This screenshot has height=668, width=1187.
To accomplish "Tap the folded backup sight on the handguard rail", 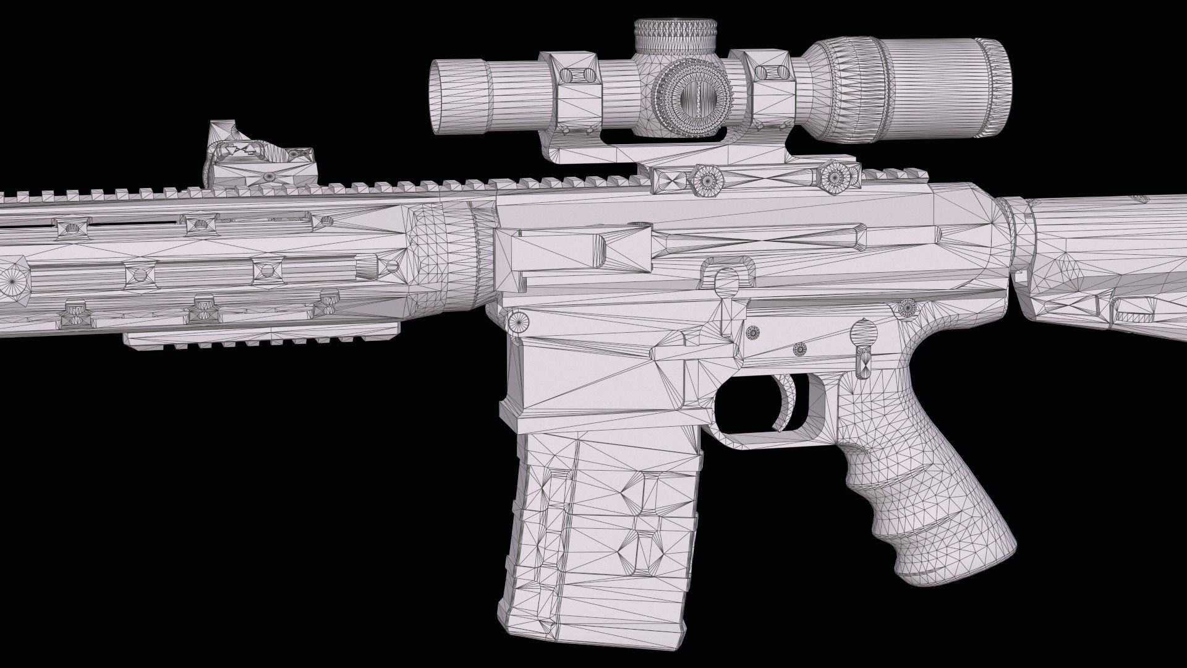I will click(x=260, y=158).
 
